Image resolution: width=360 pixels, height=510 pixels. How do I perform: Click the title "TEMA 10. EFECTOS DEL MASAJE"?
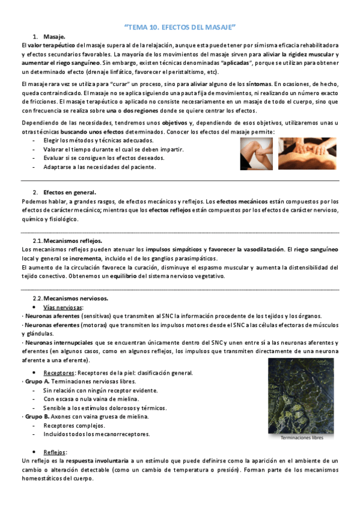(x=180, y=27)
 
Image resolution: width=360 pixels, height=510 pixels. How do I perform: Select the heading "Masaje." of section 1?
(x=54, y=37)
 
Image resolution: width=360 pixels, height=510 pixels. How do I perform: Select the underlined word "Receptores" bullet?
(x=59, y=372)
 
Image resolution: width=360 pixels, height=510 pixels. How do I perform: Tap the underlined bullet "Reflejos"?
(x=55, y=452)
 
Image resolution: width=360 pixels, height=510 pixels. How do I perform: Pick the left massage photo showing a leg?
(x=257, y=154)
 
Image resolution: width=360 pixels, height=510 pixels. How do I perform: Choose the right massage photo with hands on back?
(x=308, y=154)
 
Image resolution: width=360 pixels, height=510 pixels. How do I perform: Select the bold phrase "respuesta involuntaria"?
(x=97, y=461)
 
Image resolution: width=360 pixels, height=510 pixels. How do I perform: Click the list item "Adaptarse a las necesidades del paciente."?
(x=100, y=167)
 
